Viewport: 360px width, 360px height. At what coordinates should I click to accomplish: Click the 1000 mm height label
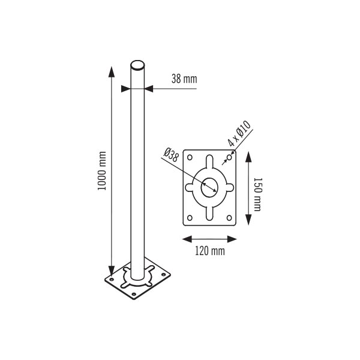102,171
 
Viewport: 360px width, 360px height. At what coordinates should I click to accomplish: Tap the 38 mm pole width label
184,79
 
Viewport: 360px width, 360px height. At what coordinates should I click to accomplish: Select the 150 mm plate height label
257,194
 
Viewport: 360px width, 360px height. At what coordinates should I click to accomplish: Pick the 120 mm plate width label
210,251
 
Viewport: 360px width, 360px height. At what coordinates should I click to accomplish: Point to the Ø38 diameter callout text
171,155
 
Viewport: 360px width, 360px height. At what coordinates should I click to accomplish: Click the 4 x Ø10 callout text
239,133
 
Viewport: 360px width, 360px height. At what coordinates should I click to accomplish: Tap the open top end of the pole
137,65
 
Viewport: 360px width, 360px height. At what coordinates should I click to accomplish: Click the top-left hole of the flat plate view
190,157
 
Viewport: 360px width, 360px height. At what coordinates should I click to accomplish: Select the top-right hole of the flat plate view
229,157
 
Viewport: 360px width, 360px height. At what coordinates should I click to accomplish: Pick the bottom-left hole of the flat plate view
190,218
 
